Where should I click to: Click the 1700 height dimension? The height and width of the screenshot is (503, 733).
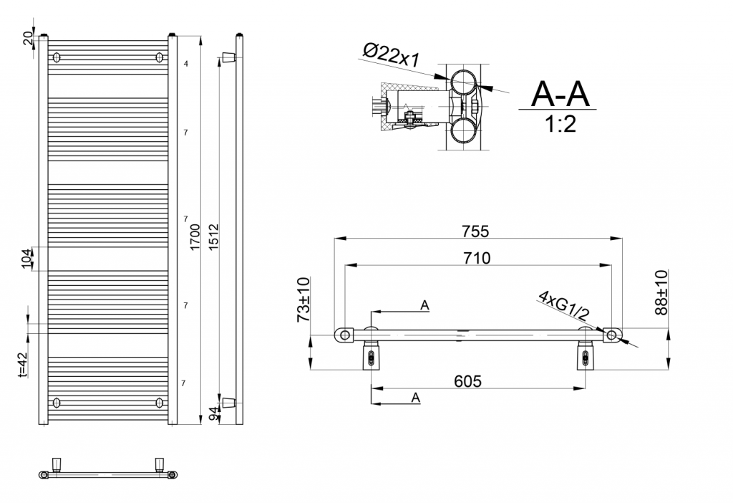pos(195,236)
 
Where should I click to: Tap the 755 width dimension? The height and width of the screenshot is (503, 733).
pos(475,231)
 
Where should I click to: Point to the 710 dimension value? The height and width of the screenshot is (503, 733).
pos(477,258)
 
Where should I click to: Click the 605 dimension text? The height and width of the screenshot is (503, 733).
pos(467,381)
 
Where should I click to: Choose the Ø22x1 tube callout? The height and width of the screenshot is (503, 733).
pos(391,54)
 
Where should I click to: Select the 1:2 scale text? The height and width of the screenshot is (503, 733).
pos(560,125)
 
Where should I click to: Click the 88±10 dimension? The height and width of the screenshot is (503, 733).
pos(661,292)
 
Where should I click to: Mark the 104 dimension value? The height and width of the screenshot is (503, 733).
pos(27,258)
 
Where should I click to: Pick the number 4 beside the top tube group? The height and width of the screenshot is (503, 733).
pos(185,64)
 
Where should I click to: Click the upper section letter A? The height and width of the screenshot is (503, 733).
pos(424,305)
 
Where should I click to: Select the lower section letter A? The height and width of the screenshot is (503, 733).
pos(415,398)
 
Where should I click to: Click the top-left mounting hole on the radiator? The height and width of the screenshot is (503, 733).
pos(58,57)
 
